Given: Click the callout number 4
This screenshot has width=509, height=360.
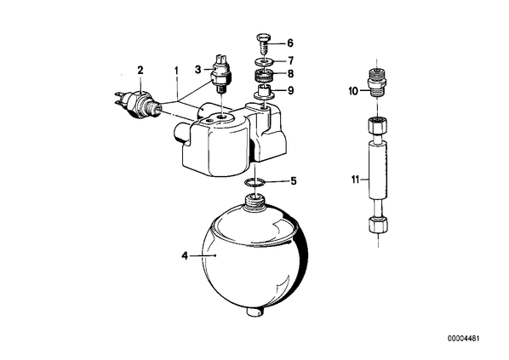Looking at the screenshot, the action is [x=185, y=256].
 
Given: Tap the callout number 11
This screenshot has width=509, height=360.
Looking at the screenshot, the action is [x=356, y=180].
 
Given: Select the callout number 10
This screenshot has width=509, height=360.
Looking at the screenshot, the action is [x=353, y=91].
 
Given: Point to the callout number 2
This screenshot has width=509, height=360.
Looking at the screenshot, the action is [x=140, y=70].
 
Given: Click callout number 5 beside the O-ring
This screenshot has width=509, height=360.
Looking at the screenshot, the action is [x=294, y=180].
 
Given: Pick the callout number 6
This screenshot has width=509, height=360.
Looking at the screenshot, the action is [x=290, y=43].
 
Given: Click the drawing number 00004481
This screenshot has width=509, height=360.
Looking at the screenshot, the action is [x=464, y=338].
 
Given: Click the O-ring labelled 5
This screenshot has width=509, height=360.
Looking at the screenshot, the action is [x=255, y=183].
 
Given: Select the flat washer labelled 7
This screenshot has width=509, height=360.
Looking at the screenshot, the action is [x=263, y=60].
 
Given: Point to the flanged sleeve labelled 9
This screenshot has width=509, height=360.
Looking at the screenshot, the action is [x=264, y=92].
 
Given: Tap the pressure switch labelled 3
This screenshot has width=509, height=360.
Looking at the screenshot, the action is [x=220, y=74].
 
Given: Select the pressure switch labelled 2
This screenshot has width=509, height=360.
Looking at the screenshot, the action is [x=136, y=102].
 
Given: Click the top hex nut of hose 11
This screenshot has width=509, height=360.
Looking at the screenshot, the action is [x=378, y=125].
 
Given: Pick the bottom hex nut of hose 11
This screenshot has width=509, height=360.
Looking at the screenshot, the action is [x=378, y=225].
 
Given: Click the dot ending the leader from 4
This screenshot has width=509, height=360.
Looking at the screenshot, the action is [x=215, y=256].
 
